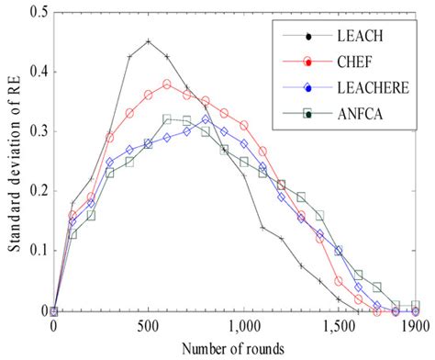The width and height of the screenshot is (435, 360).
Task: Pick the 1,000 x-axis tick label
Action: (242, 326)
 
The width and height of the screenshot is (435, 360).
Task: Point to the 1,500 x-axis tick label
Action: (337, 326)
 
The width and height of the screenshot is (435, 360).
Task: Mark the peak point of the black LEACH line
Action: (149, 41)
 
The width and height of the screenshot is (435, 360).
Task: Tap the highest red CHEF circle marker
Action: (167, 84)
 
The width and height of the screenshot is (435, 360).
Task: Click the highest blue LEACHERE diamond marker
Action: (205, 118)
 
